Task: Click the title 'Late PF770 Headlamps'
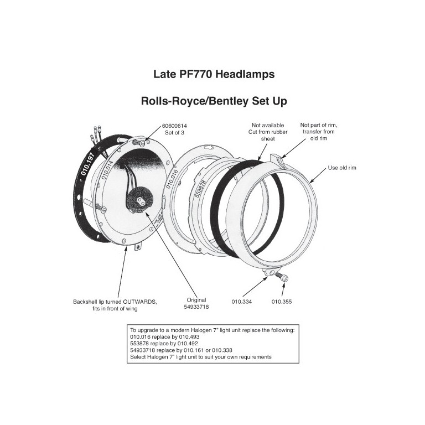[214, 74]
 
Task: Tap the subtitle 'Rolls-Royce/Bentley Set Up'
[214, 101]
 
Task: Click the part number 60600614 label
[174, 126]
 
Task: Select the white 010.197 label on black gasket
[87, 164]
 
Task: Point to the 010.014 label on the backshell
[107, 169]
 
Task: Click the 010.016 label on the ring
[172, 179]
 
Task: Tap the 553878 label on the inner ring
[201, 189]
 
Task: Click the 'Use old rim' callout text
[342, 168]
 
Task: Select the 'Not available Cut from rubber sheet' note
[267, 132]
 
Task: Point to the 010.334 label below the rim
[241, 302]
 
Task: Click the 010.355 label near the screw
[282, 302]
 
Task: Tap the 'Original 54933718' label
[196, 303]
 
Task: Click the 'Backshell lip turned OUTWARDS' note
[115, 305]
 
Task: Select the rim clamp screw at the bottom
[282, 277]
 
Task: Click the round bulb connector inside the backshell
[140, 201]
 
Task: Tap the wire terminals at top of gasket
[96, 133]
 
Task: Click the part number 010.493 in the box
[189, 337]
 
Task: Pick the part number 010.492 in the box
[188, 344]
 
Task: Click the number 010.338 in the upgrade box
[222, 350]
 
